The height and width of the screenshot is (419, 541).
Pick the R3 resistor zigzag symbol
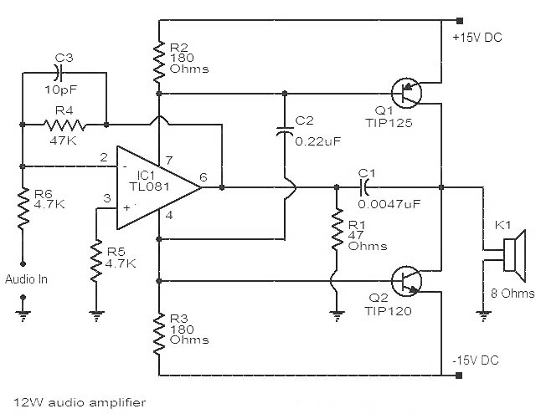point(158,330)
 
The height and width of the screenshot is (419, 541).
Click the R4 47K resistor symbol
point(64,125)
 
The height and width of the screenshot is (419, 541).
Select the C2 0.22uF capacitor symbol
point(285,130)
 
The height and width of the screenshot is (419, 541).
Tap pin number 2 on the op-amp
point(105,156)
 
